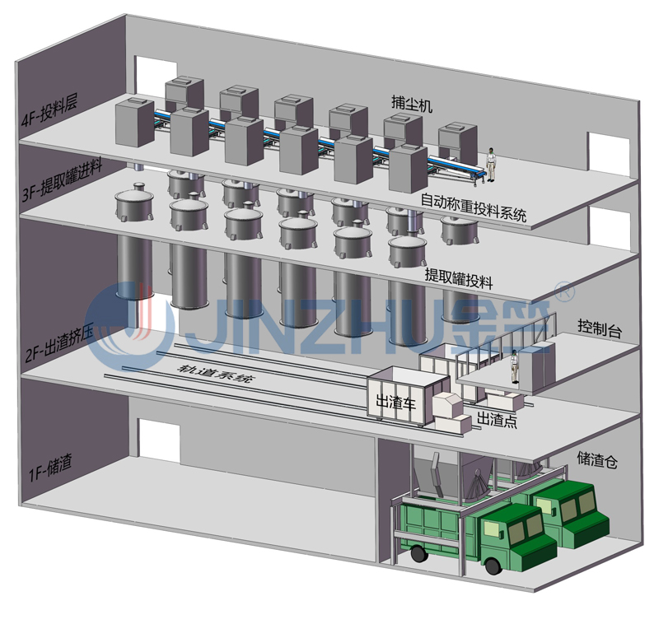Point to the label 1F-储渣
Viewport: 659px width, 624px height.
[x=49, y=472]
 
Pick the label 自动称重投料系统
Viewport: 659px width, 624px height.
[x=474, y=207]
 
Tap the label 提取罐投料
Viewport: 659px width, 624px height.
[x=458, y=278]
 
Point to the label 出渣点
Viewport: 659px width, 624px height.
[x=498, y=421]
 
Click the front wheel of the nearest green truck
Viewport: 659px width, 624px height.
[x=493, y=566]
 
